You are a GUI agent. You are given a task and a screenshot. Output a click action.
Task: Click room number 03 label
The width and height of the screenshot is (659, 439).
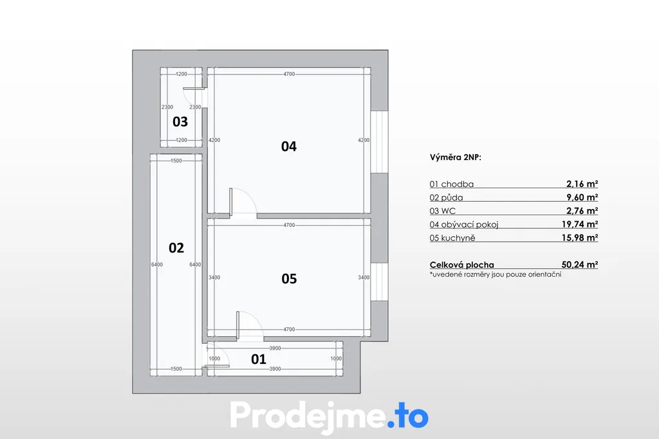click(180, 121)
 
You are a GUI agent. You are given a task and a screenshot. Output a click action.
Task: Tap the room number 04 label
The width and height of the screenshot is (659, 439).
click(289, 147)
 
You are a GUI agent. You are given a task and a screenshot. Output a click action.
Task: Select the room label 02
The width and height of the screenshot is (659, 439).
click(176, 248)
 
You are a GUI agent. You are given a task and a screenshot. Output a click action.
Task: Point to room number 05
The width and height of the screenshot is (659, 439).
click(289, 279)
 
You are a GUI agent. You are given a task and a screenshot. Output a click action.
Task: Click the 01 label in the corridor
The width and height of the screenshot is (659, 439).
click(259, 359)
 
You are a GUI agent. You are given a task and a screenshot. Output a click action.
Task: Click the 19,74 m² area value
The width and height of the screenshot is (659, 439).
click(580, 224)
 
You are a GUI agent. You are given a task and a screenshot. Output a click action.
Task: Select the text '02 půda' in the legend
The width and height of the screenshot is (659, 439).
click(447, 198)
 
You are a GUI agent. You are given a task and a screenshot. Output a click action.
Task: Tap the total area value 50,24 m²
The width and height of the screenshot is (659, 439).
click(580, 264)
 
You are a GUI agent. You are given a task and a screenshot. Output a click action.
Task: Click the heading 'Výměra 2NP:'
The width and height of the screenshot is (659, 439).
click(456, 157)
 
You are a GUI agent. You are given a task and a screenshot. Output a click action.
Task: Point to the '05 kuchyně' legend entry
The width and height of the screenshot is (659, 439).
click(452, 238)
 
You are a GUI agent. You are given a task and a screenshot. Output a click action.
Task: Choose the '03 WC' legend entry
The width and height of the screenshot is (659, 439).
click(443, 211)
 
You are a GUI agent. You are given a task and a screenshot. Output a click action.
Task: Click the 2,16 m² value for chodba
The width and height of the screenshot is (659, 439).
click(582, 184)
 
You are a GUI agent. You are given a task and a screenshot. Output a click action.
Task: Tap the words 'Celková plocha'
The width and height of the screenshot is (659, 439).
click(462, 265)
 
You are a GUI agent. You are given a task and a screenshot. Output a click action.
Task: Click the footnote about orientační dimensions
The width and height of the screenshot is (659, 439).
click(496, 274)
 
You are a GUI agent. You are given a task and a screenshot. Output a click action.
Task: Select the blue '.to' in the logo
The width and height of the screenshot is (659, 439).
click(407, 415)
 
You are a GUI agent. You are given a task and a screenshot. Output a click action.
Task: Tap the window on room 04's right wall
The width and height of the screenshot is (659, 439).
click(379, 142)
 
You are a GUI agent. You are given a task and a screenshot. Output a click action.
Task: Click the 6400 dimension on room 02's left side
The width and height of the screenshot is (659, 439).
click(157, 264)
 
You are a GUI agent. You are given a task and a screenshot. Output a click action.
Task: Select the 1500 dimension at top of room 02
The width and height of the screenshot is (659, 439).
click(176, 161)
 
